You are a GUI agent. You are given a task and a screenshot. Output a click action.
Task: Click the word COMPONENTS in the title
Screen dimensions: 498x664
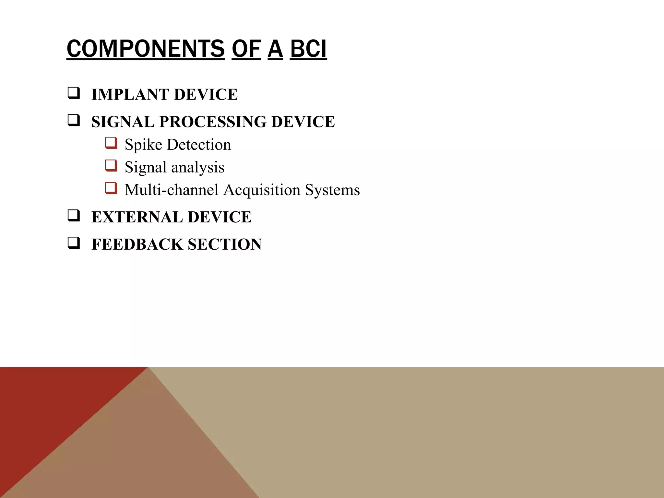point(146,49)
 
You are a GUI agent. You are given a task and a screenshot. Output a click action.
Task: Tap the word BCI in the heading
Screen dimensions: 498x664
point(308,49)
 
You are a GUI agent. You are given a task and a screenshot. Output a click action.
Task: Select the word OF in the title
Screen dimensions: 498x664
point(246,49)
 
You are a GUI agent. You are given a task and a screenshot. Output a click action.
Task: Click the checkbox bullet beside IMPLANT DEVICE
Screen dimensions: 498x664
point(74,93)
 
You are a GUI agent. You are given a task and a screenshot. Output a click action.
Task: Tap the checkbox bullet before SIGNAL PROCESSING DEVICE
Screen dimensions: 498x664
point(74,121)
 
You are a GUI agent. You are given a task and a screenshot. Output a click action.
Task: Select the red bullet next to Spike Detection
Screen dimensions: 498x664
point(111,143)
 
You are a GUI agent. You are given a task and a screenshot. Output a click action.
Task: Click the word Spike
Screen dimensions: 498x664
point(143,145)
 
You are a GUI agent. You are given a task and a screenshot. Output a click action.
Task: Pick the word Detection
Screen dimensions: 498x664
point(199,144)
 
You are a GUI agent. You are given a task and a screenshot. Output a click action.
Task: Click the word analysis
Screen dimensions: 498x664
point(198,167)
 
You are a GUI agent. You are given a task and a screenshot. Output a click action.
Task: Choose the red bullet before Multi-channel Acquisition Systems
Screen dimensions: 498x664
point(111,188)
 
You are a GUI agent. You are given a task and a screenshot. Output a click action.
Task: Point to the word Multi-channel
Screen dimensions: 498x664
point(172,190)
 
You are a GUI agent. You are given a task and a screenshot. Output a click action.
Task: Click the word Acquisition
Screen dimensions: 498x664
point(262,190)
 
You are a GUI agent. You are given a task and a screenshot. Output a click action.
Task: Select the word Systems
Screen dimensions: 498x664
point(332,190)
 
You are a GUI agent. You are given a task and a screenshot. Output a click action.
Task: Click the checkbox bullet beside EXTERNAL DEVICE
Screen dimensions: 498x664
point(74,216)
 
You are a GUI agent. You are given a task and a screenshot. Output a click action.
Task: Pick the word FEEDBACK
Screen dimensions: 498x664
point(137,244)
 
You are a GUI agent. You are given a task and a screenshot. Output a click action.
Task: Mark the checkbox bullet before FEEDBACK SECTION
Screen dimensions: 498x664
point(74,243)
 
